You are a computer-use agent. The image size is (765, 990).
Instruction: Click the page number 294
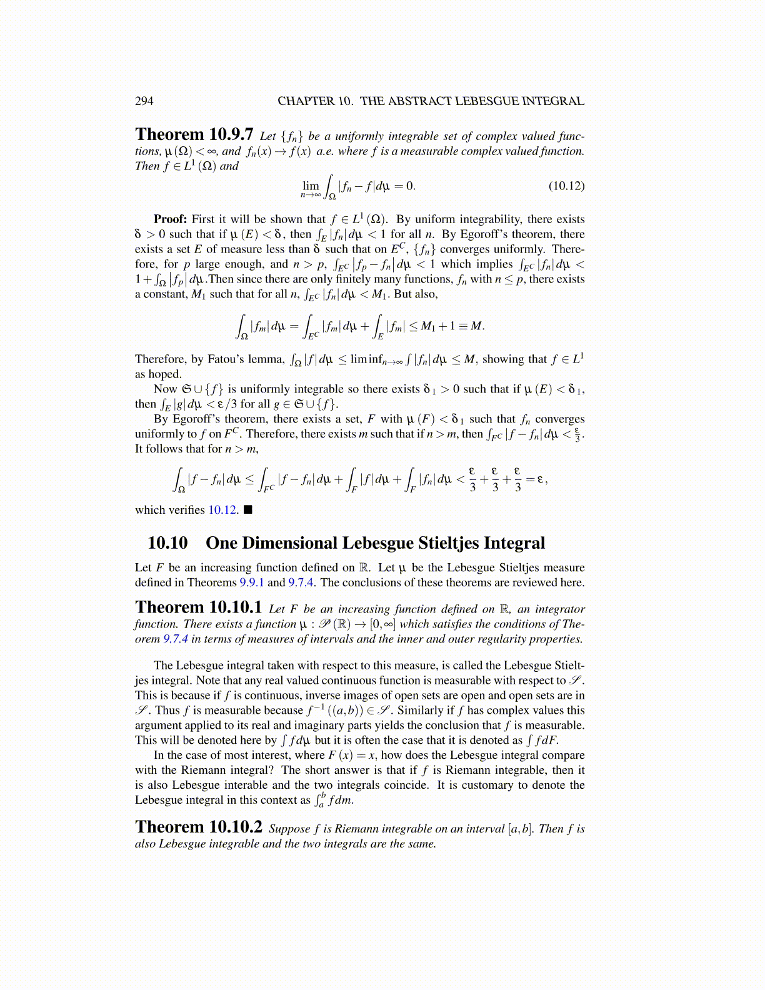[144, 101]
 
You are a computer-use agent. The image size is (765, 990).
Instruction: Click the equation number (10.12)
[566, 186]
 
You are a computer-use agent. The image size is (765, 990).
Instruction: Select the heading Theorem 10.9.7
[194, 135]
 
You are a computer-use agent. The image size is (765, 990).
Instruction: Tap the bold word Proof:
[170, 219]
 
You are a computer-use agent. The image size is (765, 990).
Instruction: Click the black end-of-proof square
[248, 510]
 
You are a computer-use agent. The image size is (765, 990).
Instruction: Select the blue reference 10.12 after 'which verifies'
[222, 510]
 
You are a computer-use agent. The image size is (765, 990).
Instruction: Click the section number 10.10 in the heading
[167, 543]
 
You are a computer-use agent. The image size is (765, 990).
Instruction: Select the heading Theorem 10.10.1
[199, 608]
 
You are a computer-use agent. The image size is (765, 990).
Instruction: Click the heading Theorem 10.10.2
[199, 827]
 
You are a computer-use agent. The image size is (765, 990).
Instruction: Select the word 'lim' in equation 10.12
[311, 186]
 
